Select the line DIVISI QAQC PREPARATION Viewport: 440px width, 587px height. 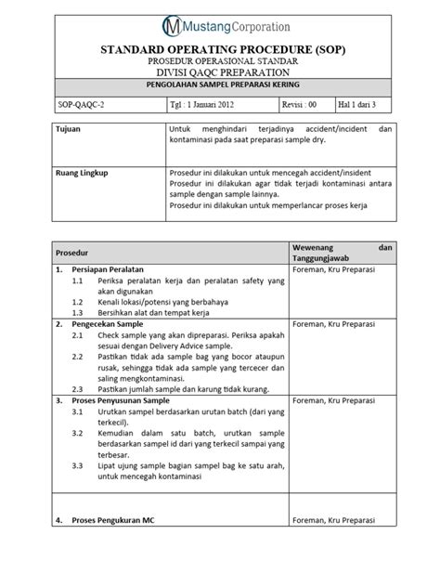(x=219, y=73)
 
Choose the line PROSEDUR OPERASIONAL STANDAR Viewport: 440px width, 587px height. (x=219, y=61)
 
